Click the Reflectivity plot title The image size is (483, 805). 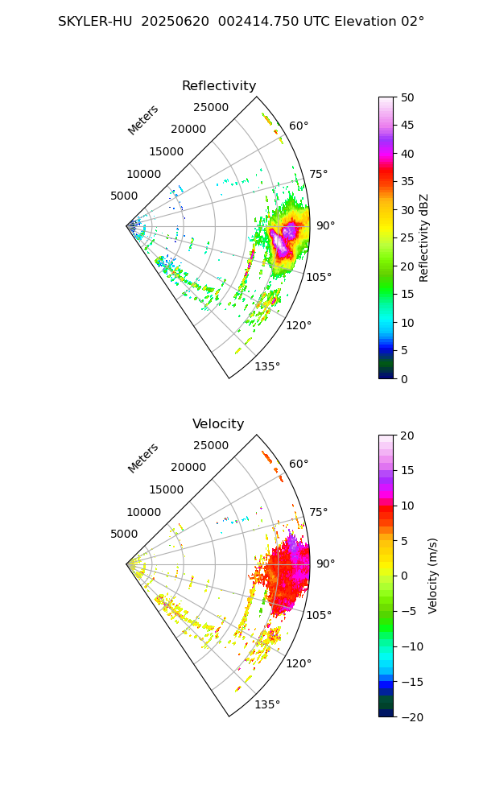point(218,86)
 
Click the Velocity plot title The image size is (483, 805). point(218,424)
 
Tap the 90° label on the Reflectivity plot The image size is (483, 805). point(325,226)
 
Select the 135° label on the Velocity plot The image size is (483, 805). point(267,705)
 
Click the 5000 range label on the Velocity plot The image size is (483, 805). point(124,535)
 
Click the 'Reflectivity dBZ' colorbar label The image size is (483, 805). point(424,237)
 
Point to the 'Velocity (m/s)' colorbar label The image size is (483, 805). point(433,576)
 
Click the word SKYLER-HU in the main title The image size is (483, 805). point(95,22)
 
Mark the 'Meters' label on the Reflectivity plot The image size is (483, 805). point(143,120)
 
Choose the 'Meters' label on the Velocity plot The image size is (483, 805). point(143,458)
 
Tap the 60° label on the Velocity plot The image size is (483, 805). point(299,464)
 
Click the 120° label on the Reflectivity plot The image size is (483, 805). point(298,325)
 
